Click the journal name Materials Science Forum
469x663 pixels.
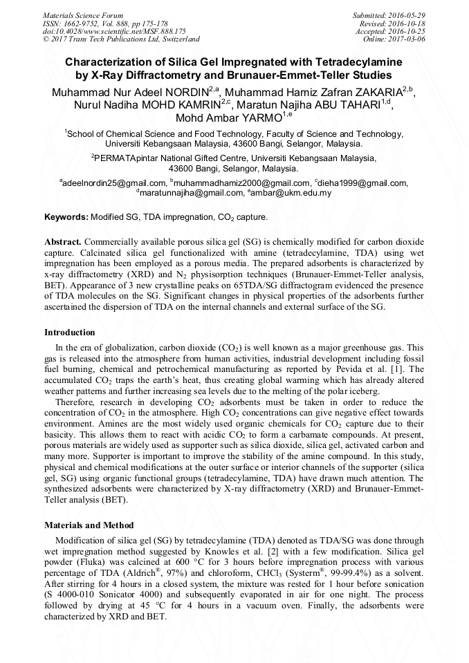click(83, 15)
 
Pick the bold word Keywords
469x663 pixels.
click(66, 217)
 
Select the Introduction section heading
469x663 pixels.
click(70, 333)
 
